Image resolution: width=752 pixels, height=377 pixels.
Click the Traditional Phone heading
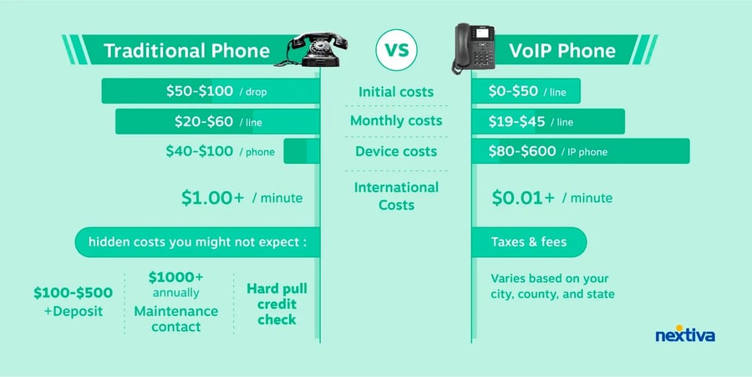point(186,51)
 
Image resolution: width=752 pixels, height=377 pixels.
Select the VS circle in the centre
point(396,49)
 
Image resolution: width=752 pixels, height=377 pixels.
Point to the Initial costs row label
point(396,91)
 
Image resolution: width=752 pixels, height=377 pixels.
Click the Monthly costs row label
point(396,121)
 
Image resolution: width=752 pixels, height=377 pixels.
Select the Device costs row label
point(396,151)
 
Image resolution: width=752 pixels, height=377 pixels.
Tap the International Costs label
point(396,196)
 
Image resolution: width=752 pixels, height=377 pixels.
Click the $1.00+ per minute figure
point(241,198)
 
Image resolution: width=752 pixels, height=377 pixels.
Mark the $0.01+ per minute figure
point(551,198)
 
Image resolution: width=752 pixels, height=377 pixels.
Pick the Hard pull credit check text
point(277,304)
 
